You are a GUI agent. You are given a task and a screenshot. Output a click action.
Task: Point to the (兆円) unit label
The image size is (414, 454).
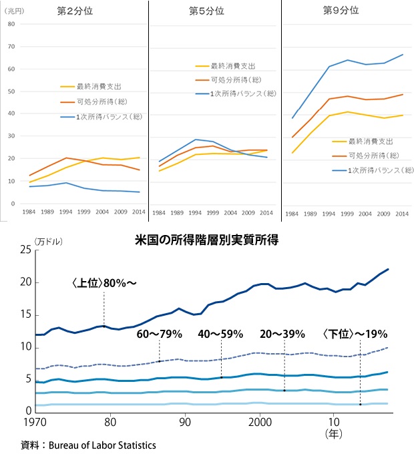[15, 11]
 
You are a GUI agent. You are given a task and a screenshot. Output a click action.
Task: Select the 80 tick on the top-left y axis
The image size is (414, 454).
[11, 23]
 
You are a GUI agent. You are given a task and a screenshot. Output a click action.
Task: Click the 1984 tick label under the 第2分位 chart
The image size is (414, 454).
[30, 213]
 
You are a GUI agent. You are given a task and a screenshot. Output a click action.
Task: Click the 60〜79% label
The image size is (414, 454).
[159, 333]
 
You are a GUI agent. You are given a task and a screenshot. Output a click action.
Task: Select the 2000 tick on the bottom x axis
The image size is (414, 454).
[259, 422]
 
